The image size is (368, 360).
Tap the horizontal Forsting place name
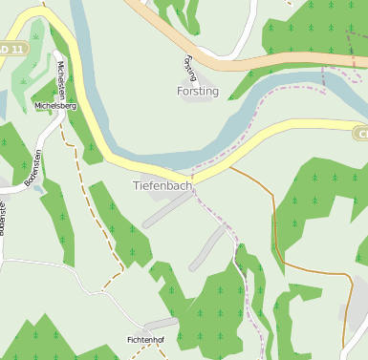click(x=198, y=92)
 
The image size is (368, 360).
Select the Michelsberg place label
click(x=54, y=106)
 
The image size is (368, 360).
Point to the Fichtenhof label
click(x=147, y=339)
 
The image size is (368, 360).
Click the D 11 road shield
click(x=9, y=48)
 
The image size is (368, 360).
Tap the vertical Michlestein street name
click(x=61, y=79)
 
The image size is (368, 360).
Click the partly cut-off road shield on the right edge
click(x=361, y=133)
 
